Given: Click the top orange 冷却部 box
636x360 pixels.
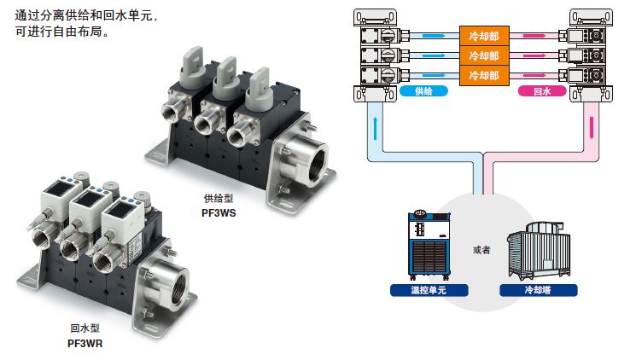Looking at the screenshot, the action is click(x=484, y=36).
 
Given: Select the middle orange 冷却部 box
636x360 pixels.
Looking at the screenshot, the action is click(x=484, y=55).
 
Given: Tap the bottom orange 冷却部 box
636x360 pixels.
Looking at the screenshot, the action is click(x=484, y=75).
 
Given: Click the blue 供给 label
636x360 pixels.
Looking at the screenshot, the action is click(x=424, y=91).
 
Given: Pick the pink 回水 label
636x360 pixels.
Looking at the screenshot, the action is click(x=542, y=91).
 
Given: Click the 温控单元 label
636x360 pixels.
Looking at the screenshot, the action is click(x=429, y=290).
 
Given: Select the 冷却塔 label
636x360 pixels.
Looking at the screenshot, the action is click(x=538, y=290).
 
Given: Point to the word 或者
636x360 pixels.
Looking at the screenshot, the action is click(x=481, y=250).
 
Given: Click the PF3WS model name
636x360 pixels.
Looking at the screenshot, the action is click(x=219, y=213).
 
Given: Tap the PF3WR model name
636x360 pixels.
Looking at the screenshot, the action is click(x=85, y=344).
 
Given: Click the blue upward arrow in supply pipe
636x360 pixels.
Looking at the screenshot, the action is click(x=375, y=128).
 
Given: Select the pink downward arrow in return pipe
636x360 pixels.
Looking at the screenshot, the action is click(x=592, y=128).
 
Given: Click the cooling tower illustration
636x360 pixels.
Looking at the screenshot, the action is click(x=539, y=251).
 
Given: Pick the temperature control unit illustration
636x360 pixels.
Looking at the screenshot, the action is click(x=429, y=246).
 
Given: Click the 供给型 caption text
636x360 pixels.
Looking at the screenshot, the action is click(x=219, y=199).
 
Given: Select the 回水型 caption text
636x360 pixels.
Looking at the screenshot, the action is click(x=85, y=328).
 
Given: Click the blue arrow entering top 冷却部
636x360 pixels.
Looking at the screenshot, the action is click(x=434, y=36).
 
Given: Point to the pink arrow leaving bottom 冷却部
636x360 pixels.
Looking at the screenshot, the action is click(x=534, y=75).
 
